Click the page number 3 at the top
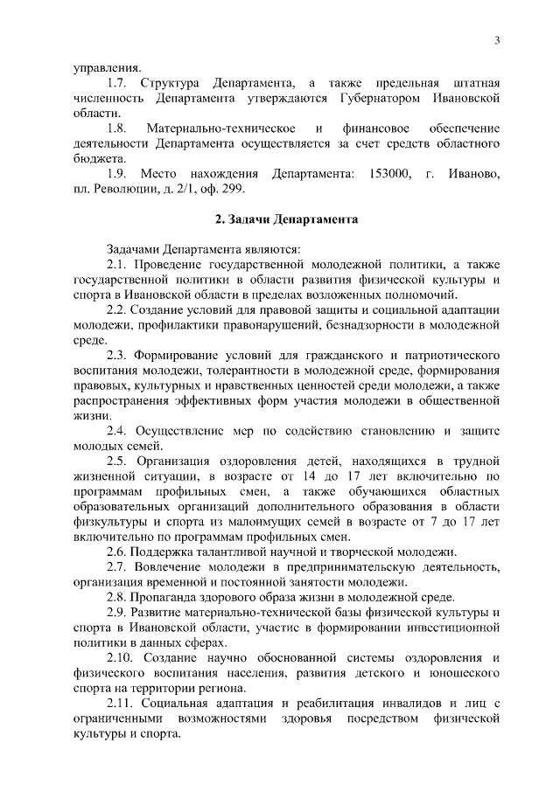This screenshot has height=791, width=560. click(496, 41)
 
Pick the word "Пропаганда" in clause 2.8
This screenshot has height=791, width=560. click(164, 598)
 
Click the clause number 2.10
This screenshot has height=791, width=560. click(122, 657)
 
